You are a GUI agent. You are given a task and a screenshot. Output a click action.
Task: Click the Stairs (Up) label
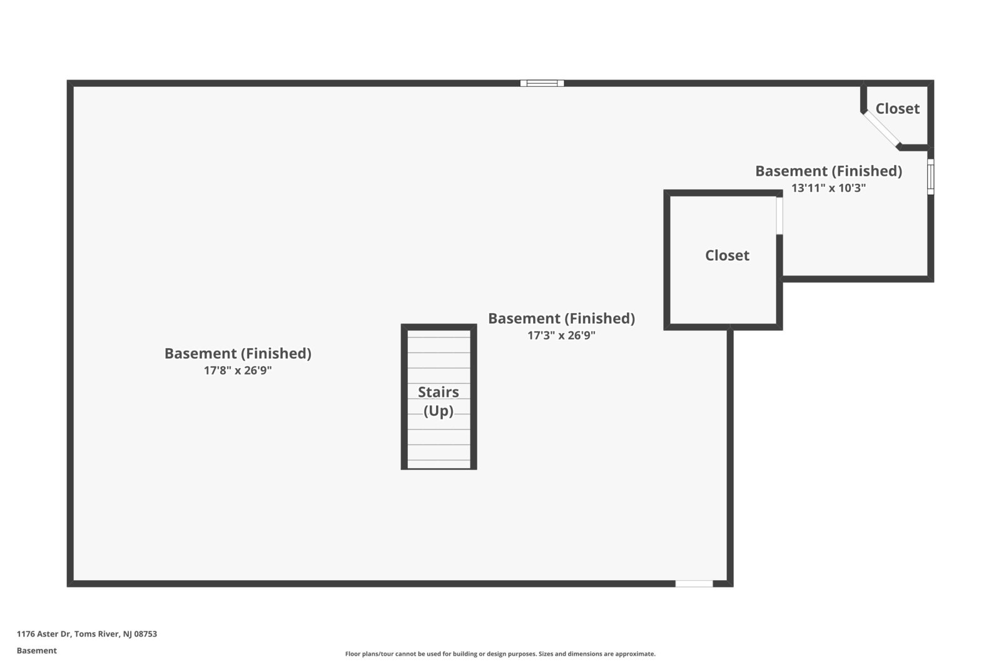(438, 401)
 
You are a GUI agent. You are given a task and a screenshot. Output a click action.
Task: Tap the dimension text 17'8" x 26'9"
(238, 370)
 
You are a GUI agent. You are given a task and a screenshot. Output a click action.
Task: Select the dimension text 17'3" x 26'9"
(561, 335)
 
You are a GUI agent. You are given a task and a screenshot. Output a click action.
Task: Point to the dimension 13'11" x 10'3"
(828, 188)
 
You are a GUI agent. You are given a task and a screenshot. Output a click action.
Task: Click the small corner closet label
(897, 109)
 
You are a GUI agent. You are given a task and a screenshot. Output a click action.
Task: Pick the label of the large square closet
(727, 255)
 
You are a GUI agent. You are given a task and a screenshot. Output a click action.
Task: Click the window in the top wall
(542, 83)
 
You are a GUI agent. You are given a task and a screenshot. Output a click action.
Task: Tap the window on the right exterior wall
(930, 176)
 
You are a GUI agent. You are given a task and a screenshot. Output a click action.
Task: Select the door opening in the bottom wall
(694, 583)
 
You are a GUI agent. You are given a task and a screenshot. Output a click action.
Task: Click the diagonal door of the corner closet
(881, 129)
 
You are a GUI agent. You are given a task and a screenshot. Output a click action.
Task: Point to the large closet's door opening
(780, 216)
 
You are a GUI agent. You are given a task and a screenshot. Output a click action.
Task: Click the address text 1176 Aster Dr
(44, 634)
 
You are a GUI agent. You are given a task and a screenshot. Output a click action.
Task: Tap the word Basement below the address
(37, 651)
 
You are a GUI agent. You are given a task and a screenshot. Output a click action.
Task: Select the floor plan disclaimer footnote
(500, 654)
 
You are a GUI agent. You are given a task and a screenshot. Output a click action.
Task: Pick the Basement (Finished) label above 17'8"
(238, 353)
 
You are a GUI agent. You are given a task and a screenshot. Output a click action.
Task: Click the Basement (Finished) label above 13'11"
(828, 171)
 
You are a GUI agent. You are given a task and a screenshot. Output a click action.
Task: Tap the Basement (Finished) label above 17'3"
(561, 318)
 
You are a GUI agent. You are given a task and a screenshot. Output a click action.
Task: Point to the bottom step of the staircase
(439, 464)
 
